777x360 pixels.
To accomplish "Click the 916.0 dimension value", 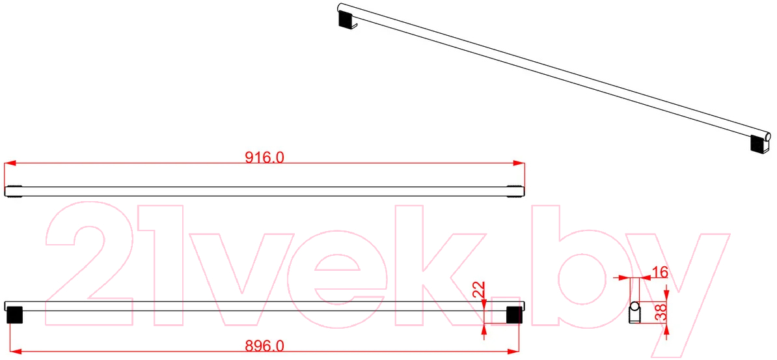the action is click(x=265, y=157).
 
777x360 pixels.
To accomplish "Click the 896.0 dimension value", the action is click(x=265, y=346).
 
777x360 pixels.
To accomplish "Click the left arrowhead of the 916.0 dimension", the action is click(x=10, y=163).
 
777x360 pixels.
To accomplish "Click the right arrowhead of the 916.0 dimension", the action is click(x=519, y=163).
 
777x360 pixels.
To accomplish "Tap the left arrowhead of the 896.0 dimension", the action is click(x=16, y=351).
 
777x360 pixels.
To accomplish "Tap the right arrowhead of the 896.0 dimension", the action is click(x=513, y=351).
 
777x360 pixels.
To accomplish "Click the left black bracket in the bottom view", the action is click(x=15, y=315).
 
